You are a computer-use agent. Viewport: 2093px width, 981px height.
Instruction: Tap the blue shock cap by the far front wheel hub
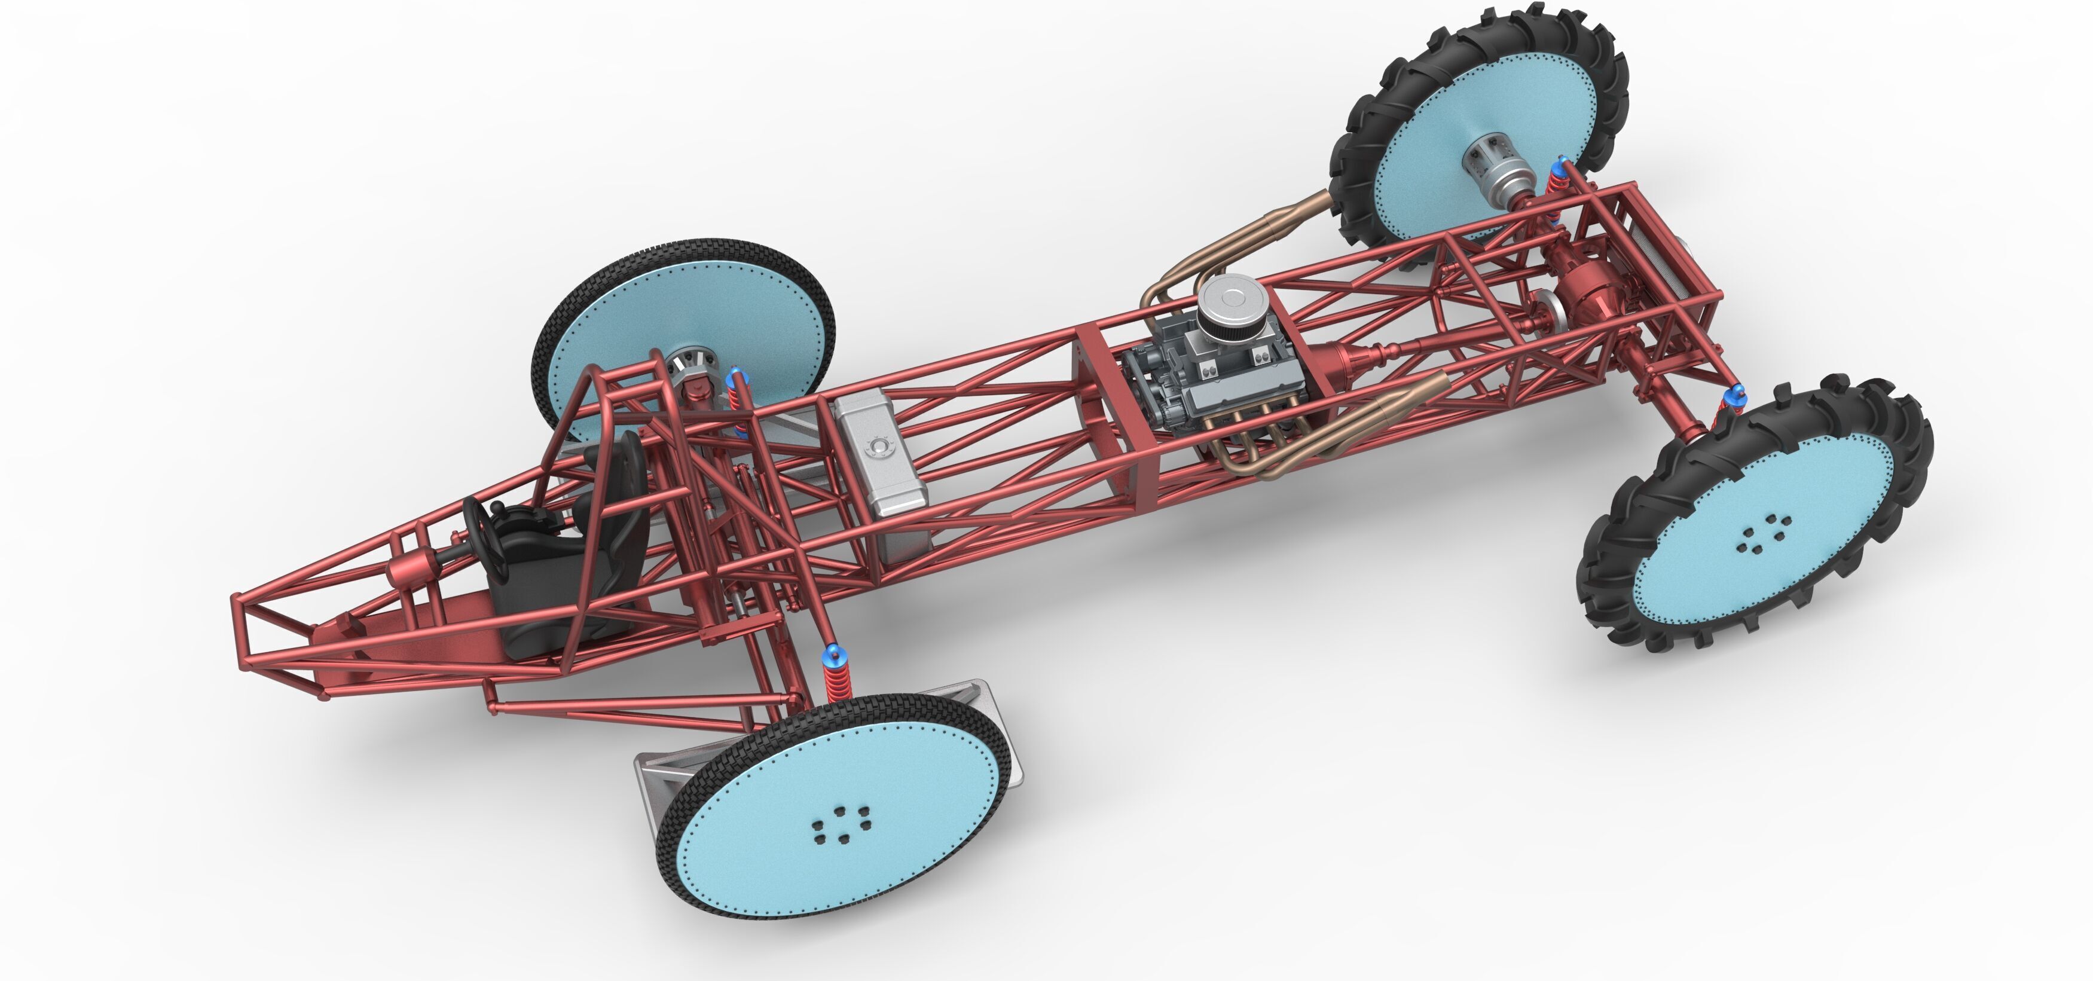click(736, 375)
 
